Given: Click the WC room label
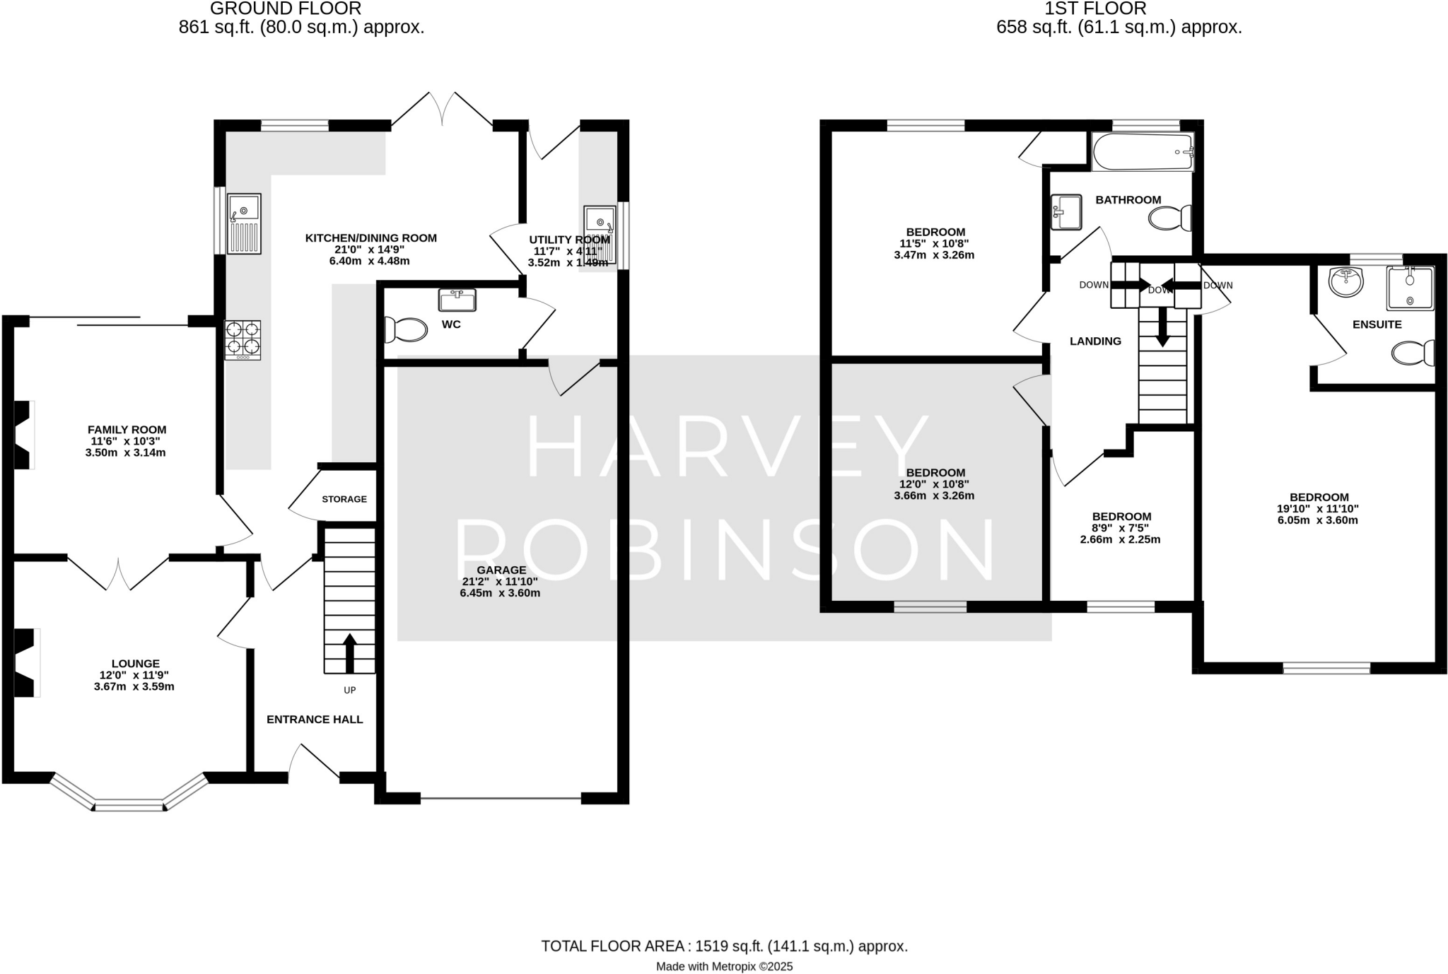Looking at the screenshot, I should [450, 324].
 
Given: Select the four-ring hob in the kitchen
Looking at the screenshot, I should [243, 339].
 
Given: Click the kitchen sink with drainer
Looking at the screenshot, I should [244, 223].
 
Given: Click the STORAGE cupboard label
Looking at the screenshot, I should [344, 499].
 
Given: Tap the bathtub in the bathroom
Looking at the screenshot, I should [1142, 152].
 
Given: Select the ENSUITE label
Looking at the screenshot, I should [1377, 324].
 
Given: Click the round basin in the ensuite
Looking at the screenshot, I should [1345, 282].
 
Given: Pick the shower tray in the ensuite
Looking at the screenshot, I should [1410, 288].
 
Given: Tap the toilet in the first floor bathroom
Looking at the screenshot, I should [1171, 218].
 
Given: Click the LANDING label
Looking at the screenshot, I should [1095, 341].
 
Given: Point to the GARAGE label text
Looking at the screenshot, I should [501, 570].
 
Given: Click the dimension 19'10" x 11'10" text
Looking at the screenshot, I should [1317, 508].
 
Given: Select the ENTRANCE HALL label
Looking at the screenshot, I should [315, 720].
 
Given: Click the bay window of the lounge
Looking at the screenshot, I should [129, 804].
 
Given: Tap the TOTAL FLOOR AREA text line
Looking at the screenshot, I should [724, 946].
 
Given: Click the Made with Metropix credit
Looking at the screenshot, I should [724, 966].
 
